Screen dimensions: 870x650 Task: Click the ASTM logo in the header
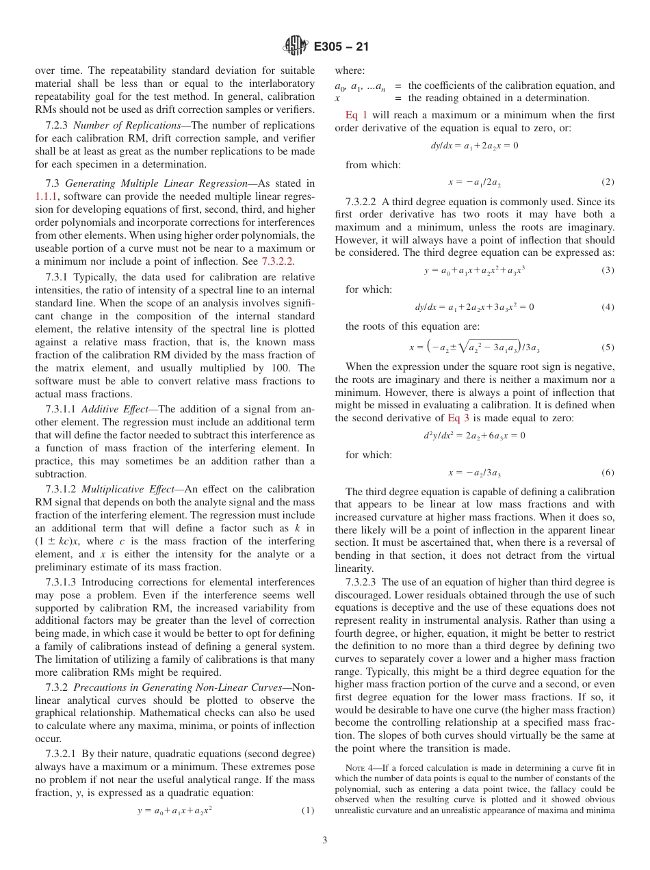[x=295, y=47]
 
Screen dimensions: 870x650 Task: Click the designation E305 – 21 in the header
[x=341, y=47]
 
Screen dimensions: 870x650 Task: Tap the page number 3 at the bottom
[x=325, y=841]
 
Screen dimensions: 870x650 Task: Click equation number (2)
[x=608, y=182]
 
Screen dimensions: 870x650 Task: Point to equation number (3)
[x=608, y=270]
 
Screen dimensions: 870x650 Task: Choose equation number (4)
[x=608, y=307]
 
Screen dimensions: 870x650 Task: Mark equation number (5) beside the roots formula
[x=608, y=347]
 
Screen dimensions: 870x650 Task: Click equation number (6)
[x=608, y=473]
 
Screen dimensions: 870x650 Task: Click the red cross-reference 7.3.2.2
[x=278, y=261]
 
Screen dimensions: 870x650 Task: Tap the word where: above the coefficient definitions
[x=350, y=70]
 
